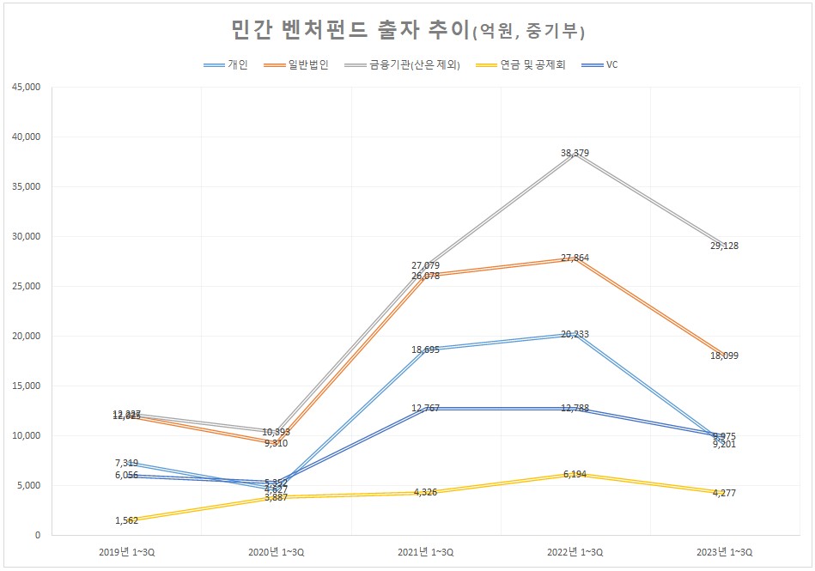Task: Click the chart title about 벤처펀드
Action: tap(408, 31)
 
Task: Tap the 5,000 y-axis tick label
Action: tap(27, 485)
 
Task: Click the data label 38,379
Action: tap(575, 153)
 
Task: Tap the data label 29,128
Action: tap(725, 246)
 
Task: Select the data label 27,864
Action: tap(575, 258)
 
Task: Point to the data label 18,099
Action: tap(725, 355)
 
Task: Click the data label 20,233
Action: tap(575, 334)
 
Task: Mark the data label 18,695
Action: tap(426, 350)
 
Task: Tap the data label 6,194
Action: tap(575, 474)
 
